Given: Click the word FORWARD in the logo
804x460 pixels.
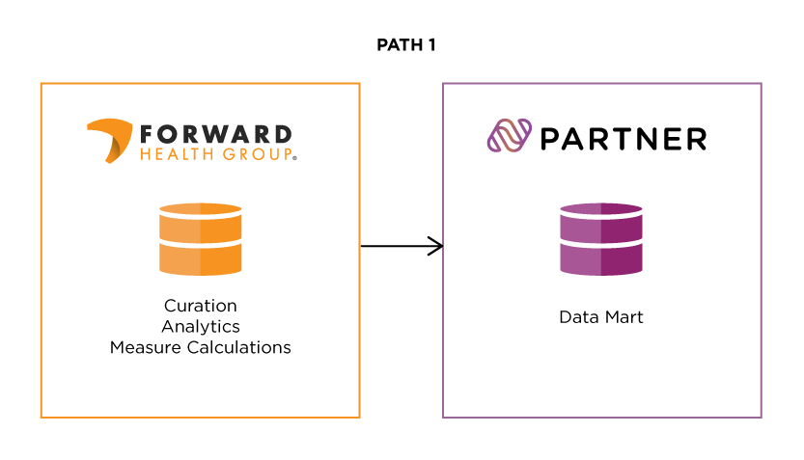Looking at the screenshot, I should [x=214, y=133].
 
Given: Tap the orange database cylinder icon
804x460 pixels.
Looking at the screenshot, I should [x=200, y=239].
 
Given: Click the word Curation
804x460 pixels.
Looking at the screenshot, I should [x=200, y=306].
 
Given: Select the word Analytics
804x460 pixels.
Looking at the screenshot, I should [x=200, y=327].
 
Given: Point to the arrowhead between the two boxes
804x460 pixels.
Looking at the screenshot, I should [x=436, y=246].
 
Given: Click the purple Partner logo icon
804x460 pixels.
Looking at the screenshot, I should [x=509, y=138].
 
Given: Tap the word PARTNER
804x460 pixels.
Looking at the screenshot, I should [x=623, y=139].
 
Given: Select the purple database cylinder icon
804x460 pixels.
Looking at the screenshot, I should [x=600, y=239].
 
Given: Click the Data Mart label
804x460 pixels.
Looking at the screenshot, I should [x=600, y=316].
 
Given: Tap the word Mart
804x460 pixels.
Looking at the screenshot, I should [x=624, y=316].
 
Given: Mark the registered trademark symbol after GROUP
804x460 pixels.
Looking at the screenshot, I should [x=293, y=156].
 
